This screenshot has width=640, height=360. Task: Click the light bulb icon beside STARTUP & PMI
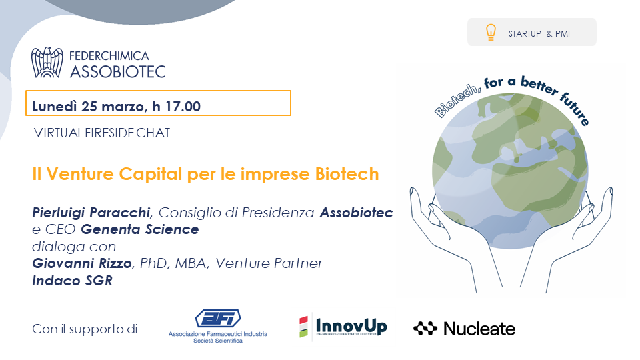click(x=491, y=32)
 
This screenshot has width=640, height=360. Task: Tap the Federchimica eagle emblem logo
click(x=47, y=63)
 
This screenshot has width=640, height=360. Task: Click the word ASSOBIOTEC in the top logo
click(x=118, y=72)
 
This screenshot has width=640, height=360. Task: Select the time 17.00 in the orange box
click(x=183, y=107)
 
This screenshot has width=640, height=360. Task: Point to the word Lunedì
click(x=55, y=107)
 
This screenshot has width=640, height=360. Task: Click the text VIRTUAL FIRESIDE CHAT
click(x=102, y=133)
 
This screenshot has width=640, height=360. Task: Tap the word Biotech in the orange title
click(x=347, y=174)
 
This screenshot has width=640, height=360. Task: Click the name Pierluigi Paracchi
click(x=91, y=213)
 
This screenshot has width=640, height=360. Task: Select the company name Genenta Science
click(x=140, y=229)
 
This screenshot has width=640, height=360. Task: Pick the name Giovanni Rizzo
click(x=82, y=263)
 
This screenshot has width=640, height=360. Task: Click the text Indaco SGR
click(x=72, y=281)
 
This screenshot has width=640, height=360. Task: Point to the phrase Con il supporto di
click(x=85, y=329)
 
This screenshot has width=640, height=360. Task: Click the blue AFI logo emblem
click(x=218, y=319)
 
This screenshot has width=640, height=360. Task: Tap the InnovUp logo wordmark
click(x=351, y=327)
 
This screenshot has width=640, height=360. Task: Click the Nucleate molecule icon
click(x=425, y=329)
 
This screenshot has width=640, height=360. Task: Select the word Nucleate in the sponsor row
click(x=479, y=329)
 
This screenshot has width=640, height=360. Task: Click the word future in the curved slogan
click(x=575, y=109)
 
